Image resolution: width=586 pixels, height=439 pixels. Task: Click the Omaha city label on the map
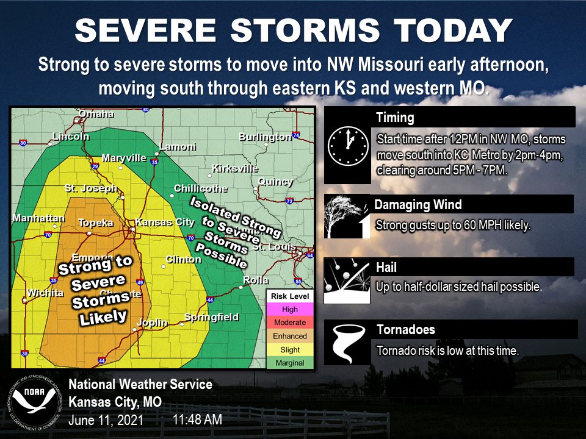click(x=96, y=114)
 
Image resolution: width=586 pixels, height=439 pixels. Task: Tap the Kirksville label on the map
click(x=235, y=168)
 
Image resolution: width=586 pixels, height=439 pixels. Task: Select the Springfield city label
click(x=211, y=317)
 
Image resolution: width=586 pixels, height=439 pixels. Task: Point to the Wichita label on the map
click(x=44, y=293)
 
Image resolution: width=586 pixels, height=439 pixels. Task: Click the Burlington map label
click(x=265, y=137)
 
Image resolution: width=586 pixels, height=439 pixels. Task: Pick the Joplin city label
click(x=151, y=323)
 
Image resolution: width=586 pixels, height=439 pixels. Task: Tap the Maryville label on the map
click(x=124, y=158)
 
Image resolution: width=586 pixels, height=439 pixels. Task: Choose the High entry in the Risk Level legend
click(x=290, y=309)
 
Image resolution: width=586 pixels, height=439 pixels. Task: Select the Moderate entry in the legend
click(x=290, y=323)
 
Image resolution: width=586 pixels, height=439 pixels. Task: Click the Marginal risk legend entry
click(x=290, y=362)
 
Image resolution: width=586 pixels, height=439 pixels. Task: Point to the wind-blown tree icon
click(x=346, y=217)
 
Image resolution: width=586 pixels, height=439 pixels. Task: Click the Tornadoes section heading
click(x=405, y=330)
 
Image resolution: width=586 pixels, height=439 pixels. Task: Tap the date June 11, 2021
click(x=106, y=420)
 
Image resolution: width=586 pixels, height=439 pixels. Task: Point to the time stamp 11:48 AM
click(x=197, y=419)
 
